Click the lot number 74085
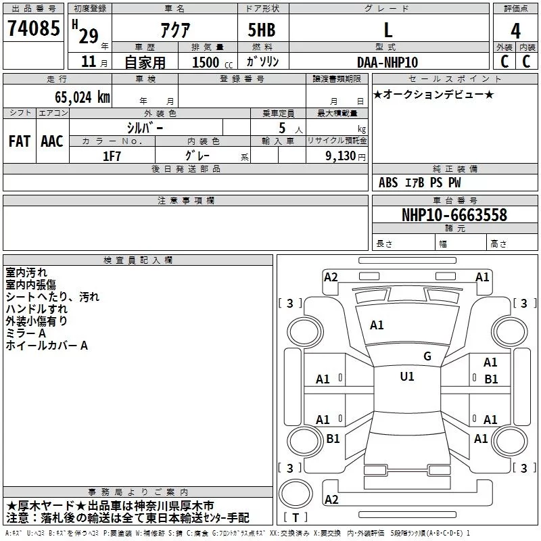(x=33, y=28)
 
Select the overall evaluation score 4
(x=516, y=30)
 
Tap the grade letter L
(x=387, y=30)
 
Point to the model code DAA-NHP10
(x=387, y=62)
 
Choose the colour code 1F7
(x=112, y=154)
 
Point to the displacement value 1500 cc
(x=210, y=63)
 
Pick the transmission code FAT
(x=19, y=141)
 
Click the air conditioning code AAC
(x=52, y=141)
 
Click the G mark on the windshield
(x=427, y=356)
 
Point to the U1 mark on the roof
(x=407, y=377)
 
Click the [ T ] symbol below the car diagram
(x=296, y=517)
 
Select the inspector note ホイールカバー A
(x=47, y=346)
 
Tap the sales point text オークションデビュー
(x=433, y=94)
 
